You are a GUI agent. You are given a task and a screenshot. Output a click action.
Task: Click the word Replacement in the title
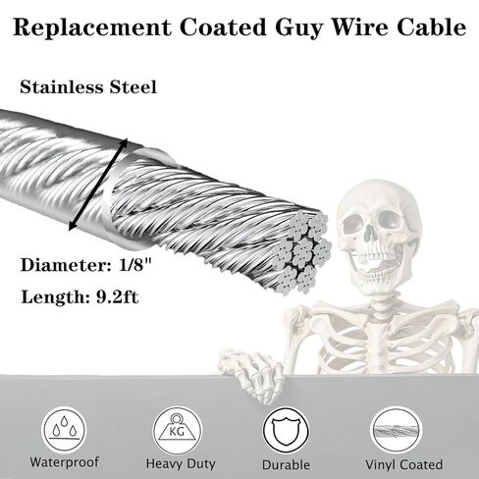tap(92, 27)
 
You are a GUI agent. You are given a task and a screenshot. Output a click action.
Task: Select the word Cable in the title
tap(432, 27)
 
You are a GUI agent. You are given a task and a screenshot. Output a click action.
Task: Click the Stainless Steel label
tap(88, 87)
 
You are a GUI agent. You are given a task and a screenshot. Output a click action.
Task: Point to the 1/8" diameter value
tap(135, 265)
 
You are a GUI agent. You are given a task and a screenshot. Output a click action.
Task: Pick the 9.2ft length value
tap(117, 297)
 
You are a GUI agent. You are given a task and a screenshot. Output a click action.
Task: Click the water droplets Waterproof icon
tap(65, 429)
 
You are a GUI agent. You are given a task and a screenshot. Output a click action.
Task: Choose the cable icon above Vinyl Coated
tap(396, 431)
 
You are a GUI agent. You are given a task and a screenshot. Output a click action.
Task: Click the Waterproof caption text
tap(65, 462)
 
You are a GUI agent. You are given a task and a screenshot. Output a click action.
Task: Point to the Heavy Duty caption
tap(181, 463)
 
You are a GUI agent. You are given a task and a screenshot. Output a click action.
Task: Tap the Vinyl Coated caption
tap(404, 464)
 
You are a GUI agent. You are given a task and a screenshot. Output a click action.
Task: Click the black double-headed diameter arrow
tap(97, 185)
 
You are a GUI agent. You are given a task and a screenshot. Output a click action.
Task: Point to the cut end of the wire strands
tap(302, 252)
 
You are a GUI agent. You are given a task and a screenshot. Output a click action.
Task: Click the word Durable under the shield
tap(286, 465)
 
